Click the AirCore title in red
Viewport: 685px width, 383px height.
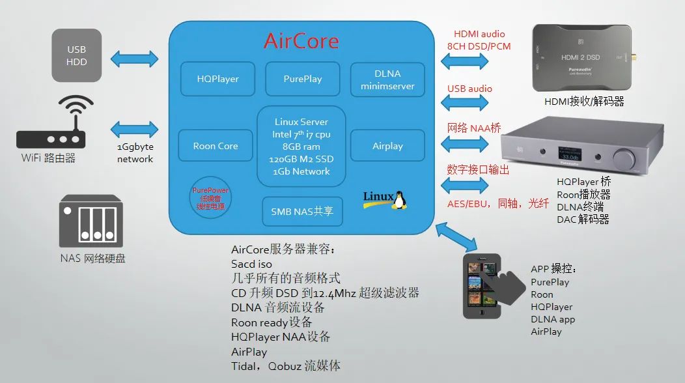[301, 42]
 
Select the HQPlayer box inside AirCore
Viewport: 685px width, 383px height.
[217, 79]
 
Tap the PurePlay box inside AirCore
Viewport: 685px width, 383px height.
[303, 79]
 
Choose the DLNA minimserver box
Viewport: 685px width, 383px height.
[387, 79]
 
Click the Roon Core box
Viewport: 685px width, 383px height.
[216, 146]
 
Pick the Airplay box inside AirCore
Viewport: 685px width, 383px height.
[387, 146]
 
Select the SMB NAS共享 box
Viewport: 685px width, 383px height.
[301, 211]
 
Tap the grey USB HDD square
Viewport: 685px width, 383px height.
[77, 55]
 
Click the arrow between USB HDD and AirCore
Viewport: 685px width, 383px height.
[134, 59]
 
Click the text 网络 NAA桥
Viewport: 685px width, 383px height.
[474, 128]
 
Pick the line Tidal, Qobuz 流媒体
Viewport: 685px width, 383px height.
[286, 365]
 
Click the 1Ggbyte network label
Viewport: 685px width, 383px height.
[135, 153]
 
